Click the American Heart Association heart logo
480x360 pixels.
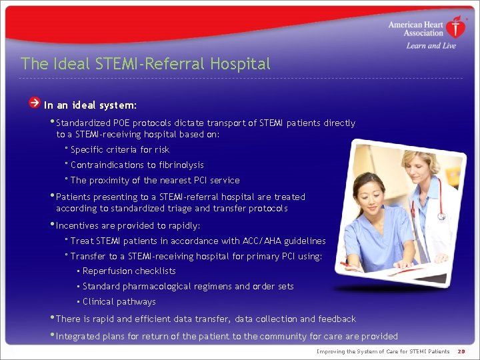(x=457, y=28)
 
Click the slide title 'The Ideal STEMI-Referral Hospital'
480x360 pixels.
(x=145, y=64)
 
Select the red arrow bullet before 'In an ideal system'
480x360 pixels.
(x=34, y=103)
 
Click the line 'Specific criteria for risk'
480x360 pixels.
(x=120, y=149)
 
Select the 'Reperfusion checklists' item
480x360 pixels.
(x=129, y=271)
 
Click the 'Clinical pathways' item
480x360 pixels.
(x=118, y=301)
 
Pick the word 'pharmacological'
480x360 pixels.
(x=157, y=286)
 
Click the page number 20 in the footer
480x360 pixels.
(x=461, y=351)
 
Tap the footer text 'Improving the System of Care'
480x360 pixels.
(x=360, y=351)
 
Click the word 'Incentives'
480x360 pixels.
(x=77, y=225)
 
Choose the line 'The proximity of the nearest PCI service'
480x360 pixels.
(x=155, y=180)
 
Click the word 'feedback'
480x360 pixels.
(x=337, y=319)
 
